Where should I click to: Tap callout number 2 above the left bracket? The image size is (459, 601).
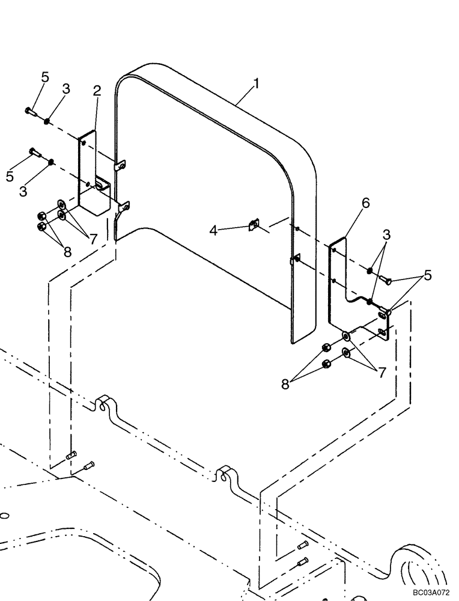click(x=97, y=91)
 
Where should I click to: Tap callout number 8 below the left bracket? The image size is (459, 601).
click(x=67, y=252)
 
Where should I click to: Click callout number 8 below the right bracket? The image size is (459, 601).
click(x=285, y=383)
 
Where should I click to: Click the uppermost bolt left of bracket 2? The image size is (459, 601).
click(x=32, y=111)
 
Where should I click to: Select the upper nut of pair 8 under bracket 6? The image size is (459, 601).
click(x=326, y=347)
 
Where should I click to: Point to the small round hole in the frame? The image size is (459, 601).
click(x=4, y=515)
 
